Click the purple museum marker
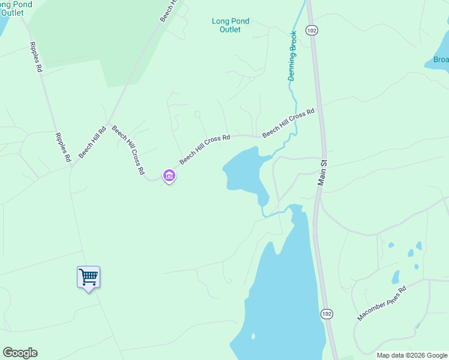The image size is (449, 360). (169, 175)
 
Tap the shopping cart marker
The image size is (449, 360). (88, 277)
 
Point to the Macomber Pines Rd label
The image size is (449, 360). (382, 304)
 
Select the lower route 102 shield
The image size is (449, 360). (326, 314)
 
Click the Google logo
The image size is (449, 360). (20, 353)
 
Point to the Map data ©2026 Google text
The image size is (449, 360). (412, 355)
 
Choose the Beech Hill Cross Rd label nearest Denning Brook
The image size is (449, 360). (288, 123)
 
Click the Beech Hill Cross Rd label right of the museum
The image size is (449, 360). (205, 149)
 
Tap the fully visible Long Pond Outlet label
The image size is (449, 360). (231, 25)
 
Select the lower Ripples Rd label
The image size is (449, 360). (63, 148)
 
